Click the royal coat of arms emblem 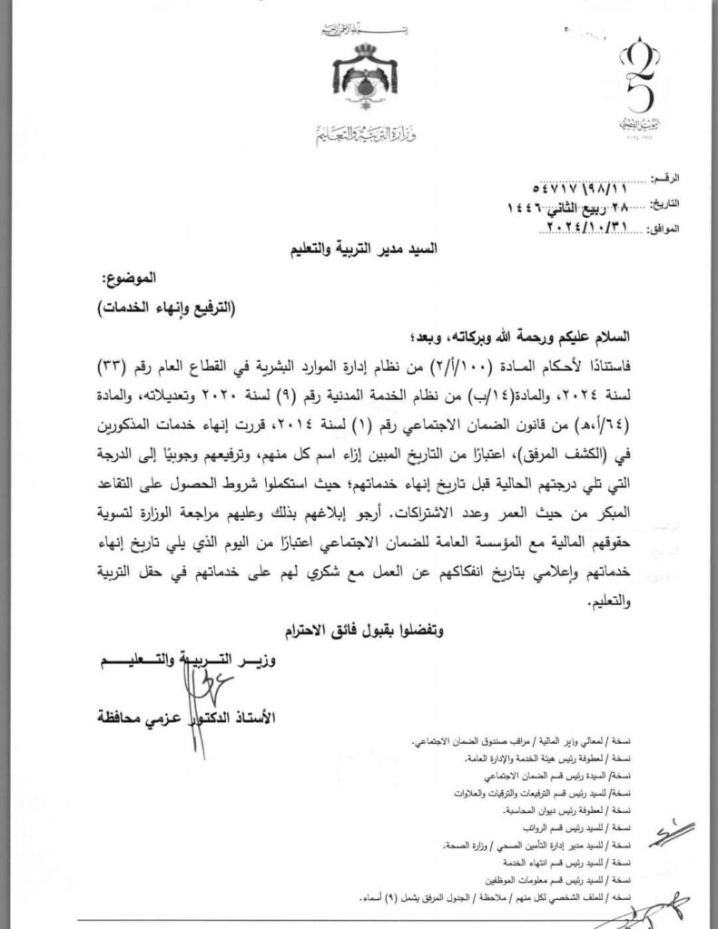pyautogui.click(x=364, y=79)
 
